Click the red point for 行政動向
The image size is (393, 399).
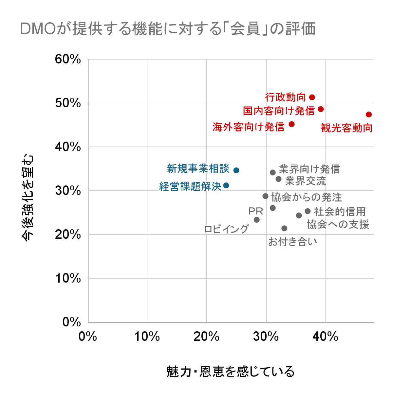coord(312,97)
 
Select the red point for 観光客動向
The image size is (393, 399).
coord(369,114)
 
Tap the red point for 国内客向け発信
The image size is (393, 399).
coord(321,109)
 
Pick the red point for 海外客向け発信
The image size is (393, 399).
coord(291,124)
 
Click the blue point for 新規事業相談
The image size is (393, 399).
coord(236,170)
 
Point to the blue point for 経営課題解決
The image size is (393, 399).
coord(226,185)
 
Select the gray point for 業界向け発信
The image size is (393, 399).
coord(272,172)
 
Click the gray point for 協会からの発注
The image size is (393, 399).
coord(265,196)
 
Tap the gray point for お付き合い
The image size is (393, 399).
coord(284,228)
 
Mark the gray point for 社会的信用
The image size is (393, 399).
coord(308,211)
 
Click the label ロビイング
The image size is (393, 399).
coord(226,229)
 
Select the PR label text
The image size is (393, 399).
coord(255,211)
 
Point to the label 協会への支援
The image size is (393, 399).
coord(338,224)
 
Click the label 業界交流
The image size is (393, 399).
coord(305,181)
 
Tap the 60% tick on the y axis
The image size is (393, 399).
coord(68,59)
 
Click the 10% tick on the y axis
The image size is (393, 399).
coord(68,278)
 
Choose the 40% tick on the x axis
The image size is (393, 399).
coord(325,336)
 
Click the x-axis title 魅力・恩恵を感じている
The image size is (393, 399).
coord(231,372)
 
